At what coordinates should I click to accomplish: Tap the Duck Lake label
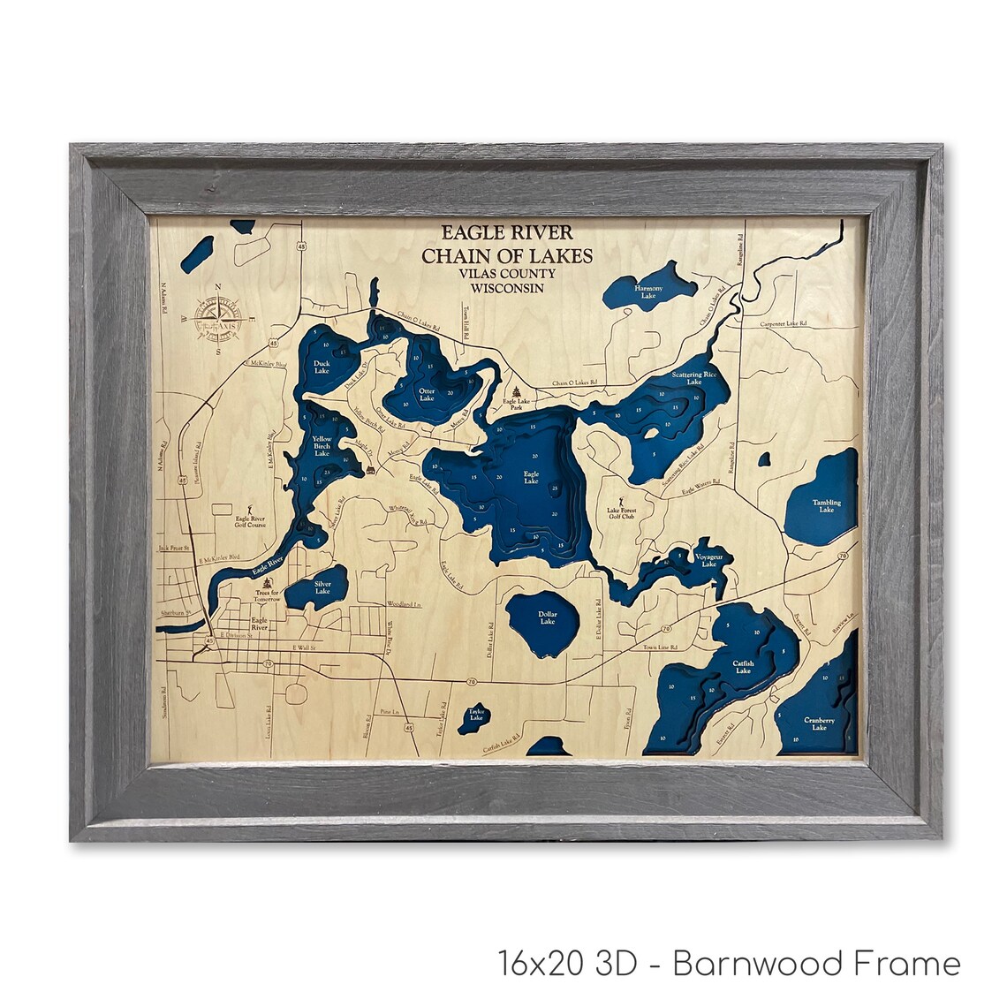(322, 367)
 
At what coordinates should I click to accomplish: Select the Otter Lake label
(427, 394)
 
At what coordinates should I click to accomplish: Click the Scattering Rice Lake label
(693, 378)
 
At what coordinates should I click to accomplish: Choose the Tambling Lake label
(826, 506)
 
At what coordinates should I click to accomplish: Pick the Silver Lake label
(322, 587)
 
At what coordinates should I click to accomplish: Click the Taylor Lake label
(476, 714)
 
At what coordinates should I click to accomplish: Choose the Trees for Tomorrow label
(262, 595)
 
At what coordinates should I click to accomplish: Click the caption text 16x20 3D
(566, 962)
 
